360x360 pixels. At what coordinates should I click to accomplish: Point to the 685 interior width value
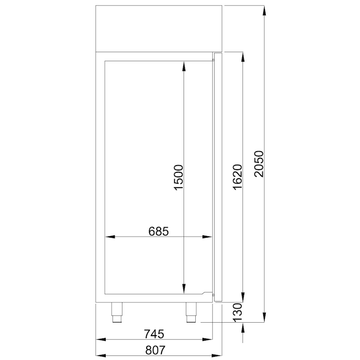[158, 231]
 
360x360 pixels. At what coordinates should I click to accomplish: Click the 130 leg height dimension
[238, 311]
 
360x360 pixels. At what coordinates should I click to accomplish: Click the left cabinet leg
[117, 312]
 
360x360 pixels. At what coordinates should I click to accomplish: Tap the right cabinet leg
[192, 312]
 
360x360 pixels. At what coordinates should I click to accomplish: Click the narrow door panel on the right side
[218, 176]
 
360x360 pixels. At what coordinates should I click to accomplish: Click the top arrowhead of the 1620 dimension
[243, 57]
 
